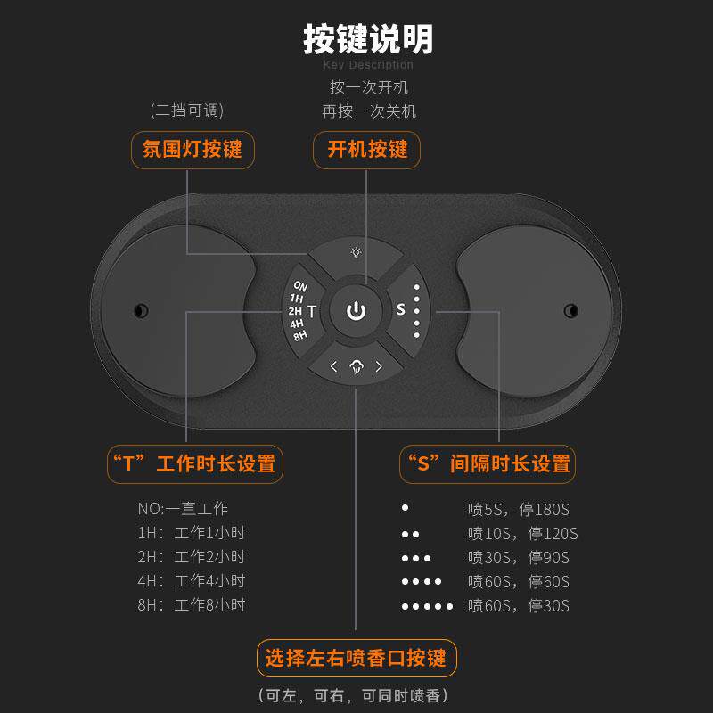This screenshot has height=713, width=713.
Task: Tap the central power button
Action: point(356,311)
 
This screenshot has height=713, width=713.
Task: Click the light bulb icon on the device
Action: point(356,252)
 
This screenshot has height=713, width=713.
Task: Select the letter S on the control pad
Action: point(401,310)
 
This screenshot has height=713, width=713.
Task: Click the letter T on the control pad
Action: point(312,311)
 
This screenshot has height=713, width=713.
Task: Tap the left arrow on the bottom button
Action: point(333,365)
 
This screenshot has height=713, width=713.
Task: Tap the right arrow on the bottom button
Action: point(378,365)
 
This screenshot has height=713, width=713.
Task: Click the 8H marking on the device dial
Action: point(300,335)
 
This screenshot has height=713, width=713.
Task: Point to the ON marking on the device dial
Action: point(299,286)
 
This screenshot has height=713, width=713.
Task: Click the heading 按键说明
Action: point(368,39)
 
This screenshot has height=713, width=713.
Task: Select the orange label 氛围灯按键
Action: point(193,149)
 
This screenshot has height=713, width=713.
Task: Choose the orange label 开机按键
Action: point(367,149)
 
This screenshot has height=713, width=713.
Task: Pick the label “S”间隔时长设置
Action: point(488,464)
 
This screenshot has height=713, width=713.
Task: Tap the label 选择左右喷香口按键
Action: point(356,660)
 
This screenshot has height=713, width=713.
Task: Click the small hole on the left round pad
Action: point(140,310)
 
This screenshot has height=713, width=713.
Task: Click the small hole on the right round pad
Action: point(570,310)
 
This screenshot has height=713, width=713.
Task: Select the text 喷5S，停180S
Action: point(518,510)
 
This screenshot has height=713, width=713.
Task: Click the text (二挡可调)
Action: point(186,111)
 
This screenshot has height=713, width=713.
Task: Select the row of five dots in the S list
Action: point(427,606)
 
